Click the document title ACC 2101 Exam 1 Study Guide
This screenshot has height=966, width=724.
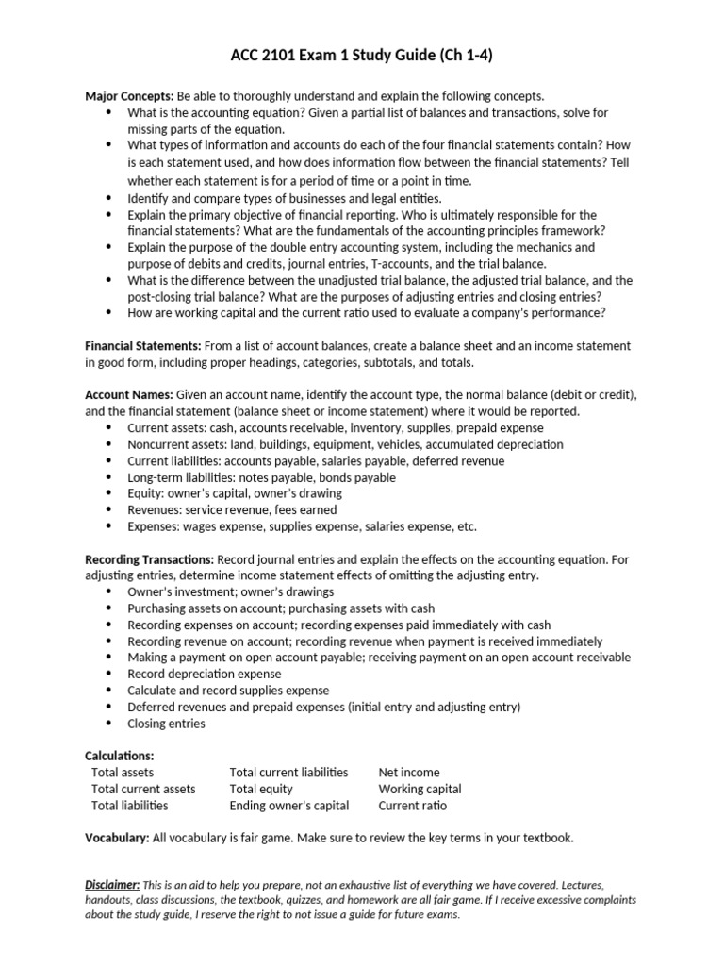click(361, 57)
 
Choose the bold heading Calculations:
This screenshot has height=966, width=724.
click(119, 756)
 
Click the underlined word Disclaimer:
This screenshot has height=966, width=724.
click(112, 884)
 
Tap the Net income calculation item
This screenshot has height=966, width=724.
click(409, 773)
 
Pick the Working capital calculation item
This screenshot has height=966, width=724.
click(420, 789)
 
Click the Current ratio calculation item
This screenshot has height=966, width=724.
click(413, 806)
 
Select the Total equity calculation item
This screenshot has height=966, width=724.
click(261, 789)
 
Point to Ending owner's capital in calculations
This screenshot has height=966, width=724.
click(288, 806)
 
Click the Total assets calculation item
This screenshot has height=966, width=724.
click(123, 773)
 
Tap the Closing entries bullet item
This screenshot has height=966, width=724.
click(166, 724)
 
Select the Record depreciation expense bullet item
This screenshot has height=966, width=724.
click(204, 674)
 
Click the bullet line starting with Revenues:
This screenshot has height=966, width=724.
click(232, 509)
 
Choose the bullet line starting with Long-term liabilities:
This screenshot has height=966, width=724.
click(248, 477)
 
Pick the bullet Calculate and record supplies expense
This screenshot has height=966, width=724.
click(228, 691)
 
